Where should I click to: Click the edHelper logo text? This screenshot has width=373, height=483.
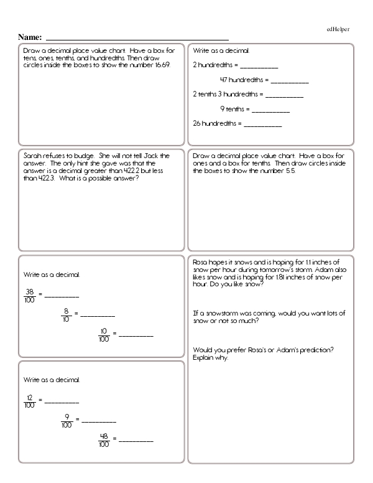(x=338, y=29)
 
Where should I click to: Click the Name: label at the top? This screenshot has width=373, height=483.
(x=30, y=37)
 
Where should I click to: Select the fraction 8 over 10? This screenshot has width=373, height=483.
(x=65, y=315)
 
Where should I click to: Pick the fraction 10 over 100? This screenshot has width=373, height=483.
(x=104, y=335)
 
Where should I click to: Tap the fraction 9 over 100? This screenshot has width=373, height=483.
(x=67, y=421)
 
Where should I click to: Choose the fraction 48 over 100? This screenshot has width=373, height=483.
(x=104, y=440)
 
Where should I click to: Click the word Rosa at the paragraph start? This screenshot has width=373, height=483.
(x=201, y=263)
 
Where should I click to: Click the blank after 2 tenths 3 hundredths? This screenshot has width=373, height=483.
(x=285, y=95)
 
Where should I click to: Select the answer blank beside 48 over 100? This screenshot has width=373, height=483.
(x=136, y=441)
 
